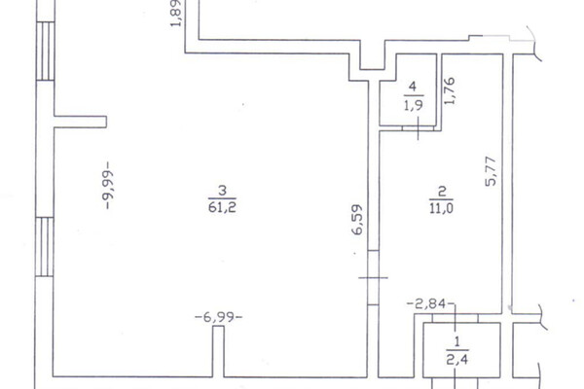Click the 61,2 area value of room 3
pos(222,207)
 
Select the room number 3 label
pos(222,191)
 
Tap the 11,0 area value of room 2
pos(441,208)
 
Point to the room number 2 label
pos(442,193)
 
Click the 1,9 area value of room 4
pos(414,105)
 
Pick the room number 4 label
pos(413,87)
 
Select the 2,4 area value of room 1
pos(457,360)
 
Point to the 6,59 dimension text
pos(357,220)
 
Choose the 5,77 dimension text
pos(491,171)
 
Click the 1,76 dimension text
pos(450,90)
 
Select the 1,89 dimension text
pos(175,14)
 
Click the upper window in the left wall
pos(46,51)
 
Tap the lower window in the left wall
pos(45,247)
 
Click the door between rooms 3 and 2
pos(373,278)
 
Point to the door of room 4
pos(418,128)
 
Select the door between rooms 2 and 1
pos(456,318)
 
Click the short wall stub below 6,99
pos(219,351)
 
